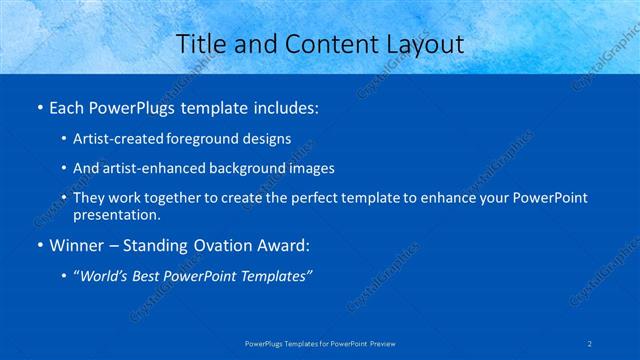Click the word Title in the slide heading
(x=201, y=45)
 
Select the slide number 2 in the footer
(x=591, y=343)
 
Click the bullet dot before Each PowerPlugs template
(x=38, y=107)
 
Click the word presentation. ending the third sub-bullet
(x=116, y=214)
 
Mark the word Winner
(x=77, y=244)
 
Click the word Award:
(x=286, y=244)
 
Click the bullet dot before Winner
(x=38, y=245)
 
